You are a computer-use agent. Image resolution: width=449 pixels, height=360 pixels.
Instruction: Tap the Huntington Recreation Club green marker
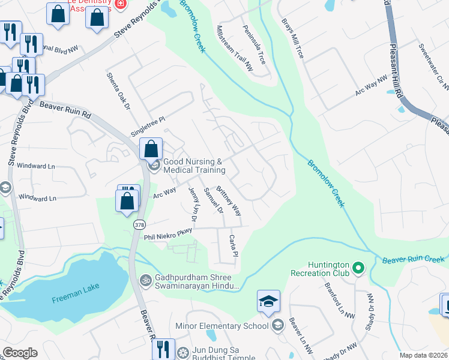(359, 268)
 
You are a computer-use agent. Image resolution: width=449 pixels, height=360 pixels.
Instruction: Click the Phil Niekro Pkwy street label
(168, 233)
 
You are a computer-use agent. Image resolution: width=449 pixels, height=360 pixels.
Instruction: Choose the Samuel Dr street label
(213, 201)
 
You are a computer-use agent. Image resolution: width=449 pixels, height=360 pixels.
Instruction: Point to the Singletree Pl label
(148, 128)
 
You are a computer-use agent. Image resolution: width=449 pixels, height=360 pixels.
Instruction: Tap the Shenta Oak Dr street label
(118, 91)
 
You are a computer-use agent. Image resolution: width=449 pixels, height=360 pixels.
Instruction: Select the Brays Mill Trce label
(293, 38)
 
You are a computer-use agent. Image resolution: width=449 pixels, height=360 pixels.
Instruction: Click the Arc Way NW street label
(372, 87)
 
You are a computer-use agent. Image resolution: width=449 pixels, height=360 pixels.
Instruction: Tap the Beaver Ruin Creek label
(412, 259)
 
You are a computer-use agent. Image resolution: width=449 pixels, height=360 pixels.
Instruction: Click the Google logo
(20, 353)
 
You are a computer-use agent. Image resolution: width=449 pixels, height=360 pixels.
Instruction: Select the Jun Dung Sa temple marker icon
(182, 350)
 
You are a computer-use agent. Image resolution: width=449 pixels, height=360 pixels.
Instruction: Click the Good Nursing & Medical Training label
(193, 166)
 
